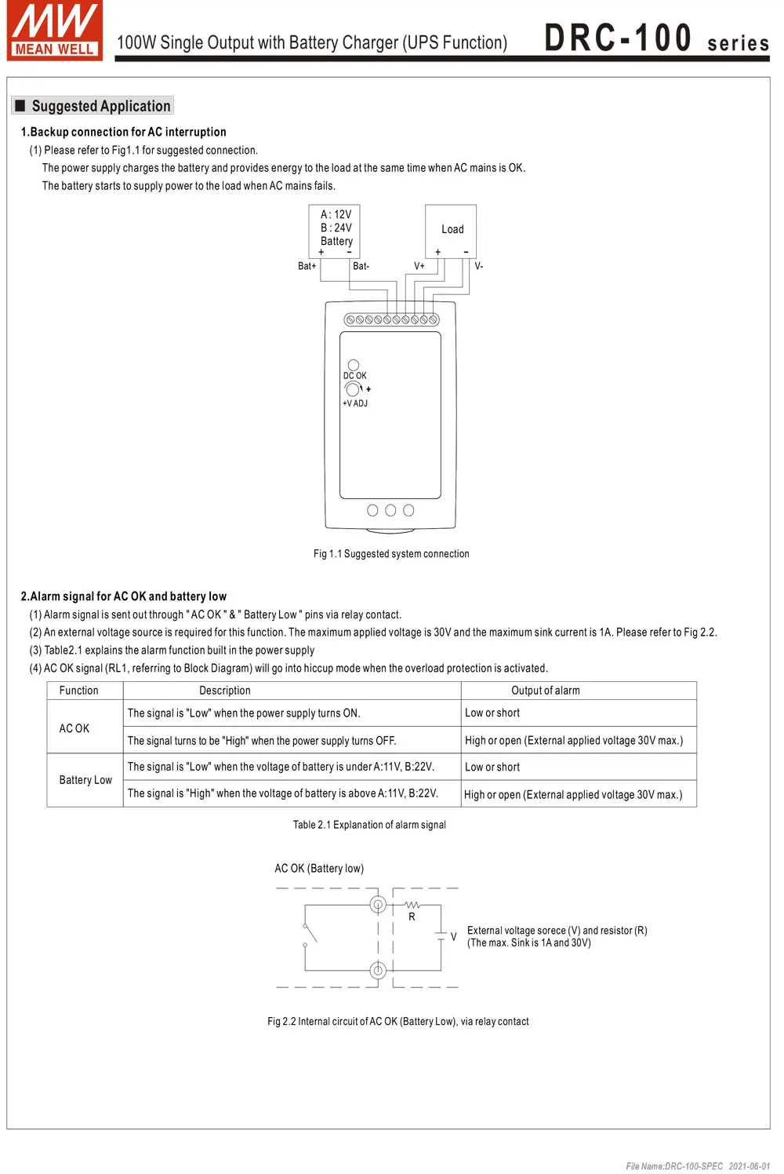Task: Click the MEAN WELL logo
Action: pos(54,31)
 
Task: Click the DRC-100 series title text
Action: pos(656,38)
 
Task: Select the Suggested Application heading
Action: pos(100,106)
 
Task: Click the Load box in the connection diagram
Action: pos(452,230)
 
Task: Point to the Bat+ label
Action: pos(307,267)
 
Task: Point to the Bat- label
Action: pos(361,267)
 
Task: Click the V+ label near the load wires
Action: pos(419,267)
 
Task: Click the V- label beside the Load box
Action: pos(478,267)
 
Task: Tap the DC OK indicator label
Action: pos(354,376)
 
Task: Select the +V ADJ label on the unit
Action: pos(354,403)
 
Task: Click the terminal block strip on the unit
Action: pos(391,319)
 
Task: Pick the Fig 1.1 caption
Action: pos(391,554)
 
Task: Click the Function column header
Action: pos(79,691)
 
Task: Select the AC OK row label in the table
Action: pos(74,728)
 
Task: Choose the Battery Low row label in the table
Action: pos(85,780)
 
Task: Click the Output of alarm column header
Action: pos(546,691)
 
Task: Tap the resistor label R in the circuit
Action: pos(412,917)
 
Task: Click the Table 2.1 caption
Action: pos(369,825)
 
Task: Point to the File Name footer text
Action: pos(698,1166)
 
